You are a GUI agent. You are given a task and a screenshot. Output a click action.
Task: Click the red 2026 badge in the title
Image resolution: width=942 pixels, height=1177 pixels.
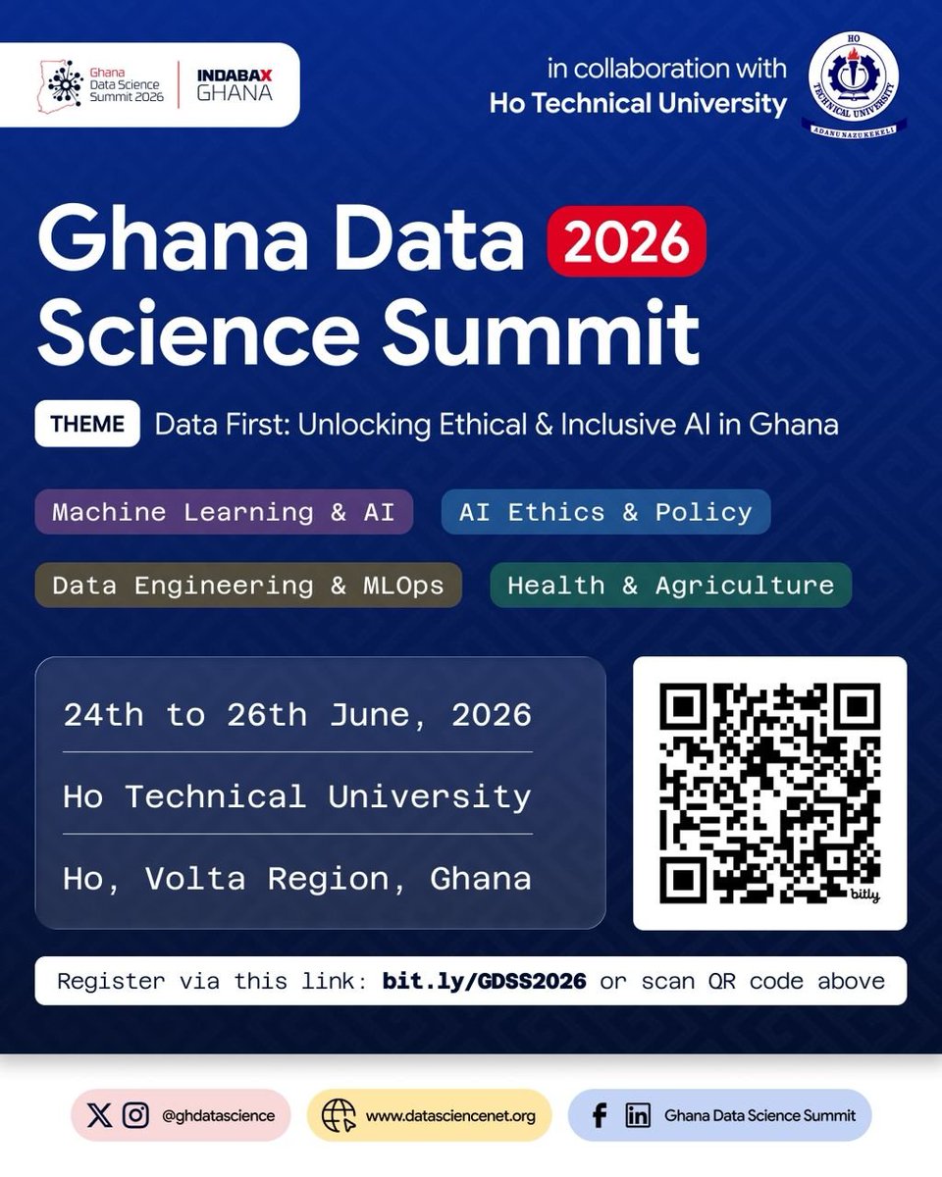(x=627, y=240)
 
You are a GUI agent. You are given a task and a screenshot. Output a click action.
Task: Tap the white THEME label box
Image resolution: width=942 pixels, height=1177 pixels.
(x=87, y=424)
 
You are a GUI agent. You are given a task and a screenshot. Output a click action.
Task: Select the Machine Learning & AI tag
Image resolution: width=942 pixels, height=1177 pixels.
(x=224, y=512)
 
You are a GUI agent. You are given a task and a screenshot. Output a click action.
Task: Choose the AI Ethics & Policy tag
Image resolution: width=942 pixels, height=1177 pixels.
(x=605, y=512)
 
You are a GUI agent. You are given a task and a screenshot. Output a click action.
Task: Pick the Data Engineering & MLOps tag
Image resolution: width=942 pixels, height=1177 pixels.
(x=248, y=586)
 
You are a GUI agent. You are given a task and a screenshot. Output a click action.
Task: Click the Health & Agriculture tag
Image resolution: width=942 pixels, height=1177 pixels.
(x=670, y=586)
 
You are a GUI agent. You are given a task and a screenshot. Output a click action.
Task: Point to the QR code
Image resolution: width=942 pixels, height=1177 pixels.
(x=769, y=793)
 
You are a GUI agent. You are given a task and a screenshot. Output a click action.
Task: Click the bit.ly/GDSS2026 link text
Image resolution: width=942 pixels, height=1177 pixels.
(x=485, y=981)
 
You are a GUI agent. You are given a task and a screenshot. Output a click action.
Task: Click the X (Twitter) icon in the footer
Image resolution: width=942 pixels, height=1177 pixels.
(x=99, y=1115)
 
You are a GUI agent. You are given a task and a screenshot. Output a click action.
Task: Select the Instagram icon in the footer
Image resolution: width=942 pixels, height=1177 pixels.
(x=136, y=1115)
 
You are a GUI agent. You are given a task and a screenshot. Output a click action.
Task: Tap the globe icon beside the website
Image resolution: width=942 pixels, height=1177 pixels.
(x=339, y=1115)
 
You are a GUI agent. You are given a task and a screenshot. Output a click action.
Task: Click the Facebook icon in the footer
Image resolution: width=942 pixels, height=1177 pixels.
(x=600, y=1115)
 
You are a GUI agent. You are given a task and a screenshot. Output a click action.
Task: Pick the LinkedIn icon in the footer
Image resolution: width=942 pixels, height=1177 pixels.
(x=638, y=1115)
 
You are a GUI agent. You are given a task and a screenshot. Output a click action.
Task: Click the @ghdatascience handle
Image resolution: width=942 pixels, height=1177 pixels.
(x=218, y=1115)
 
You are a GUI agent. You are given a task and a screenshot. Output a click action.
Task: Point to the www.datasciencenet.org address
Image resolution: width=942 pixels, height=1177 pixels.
(x=450, y=1115)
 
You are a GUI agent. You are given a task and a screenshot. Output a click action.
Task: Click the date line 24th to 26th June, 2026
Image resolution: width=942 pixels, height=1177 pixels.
(x=297, y=715)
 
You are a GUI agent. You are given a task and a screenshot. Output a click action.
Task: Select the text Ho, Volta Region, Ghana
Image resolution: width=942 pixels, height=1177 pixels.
(x=297, y=878)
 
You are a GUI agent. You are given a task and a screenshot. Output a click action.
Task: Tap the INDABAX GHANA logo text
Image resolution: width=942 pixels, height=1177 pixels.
(x=235, y=84)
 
